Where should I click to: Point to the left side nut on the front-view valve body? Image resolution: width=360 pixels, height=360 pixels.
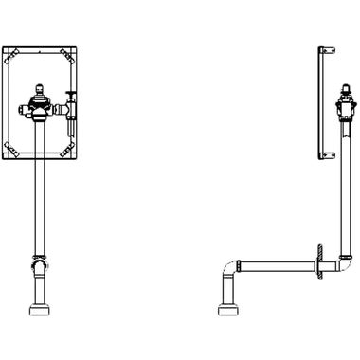pyautogui.click(x=29, y=106)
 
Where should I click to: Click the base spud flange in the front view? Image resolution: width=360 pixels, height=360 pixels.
pyautogui.click(x=42, y=310)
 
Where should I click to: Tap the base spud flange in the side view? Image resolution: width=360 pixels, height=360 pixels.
pyautogui.click(x=227, y=310)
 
